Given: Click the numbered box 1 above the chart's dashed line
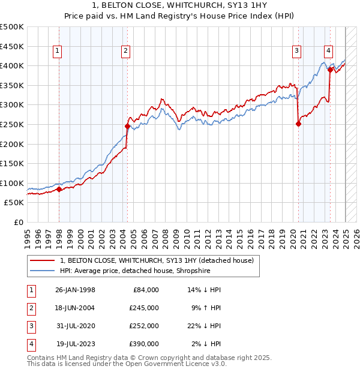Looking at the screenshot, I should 56,52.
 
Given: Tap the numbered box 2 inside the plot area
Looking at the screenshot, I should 125,52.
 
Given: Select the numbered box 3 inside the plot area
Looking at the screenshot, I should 296,52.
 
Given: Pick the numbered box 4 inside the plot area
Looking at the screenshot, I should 328,52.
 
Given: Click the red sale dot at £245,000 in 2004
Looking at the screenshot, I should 127,126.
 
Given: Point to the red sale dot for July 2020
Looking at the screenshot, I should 298,124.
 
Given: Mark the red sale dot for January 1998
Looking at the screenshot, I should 59,190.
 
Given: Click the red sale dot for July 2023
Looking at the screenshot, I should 330,70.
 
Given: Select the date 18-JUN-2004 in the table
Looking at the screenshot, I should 75,308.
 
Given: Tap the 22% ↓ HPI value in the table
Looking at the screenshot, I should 206,326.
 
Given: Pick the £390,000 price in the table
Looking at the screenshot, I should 144,344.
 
